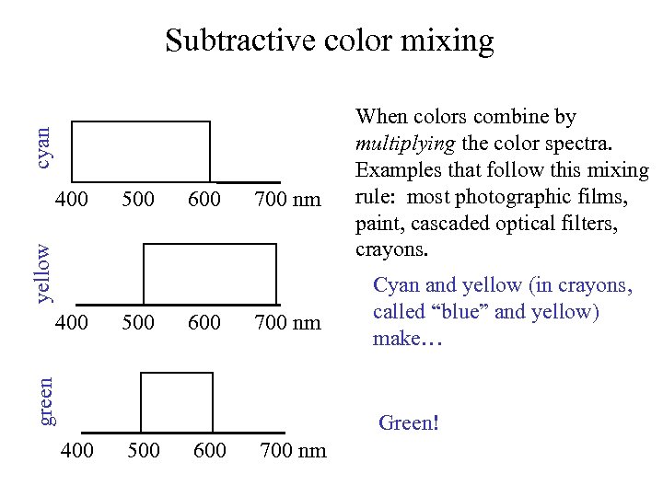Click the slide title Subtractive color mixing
[329, 41]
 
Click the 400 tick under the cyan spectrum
[72, 198]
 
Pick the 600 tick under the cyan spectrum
[204, 198]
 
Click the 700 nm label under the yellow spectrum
[288, 323]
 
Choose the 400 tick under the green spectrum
[76, 450]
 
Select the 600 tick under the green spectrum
[210, 450]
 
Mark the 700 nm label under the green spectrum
[294, 450]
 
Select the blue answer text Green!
[409, 423]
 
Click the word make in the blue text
[395, 338]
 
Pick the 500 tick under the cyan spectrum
[138, 198]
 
